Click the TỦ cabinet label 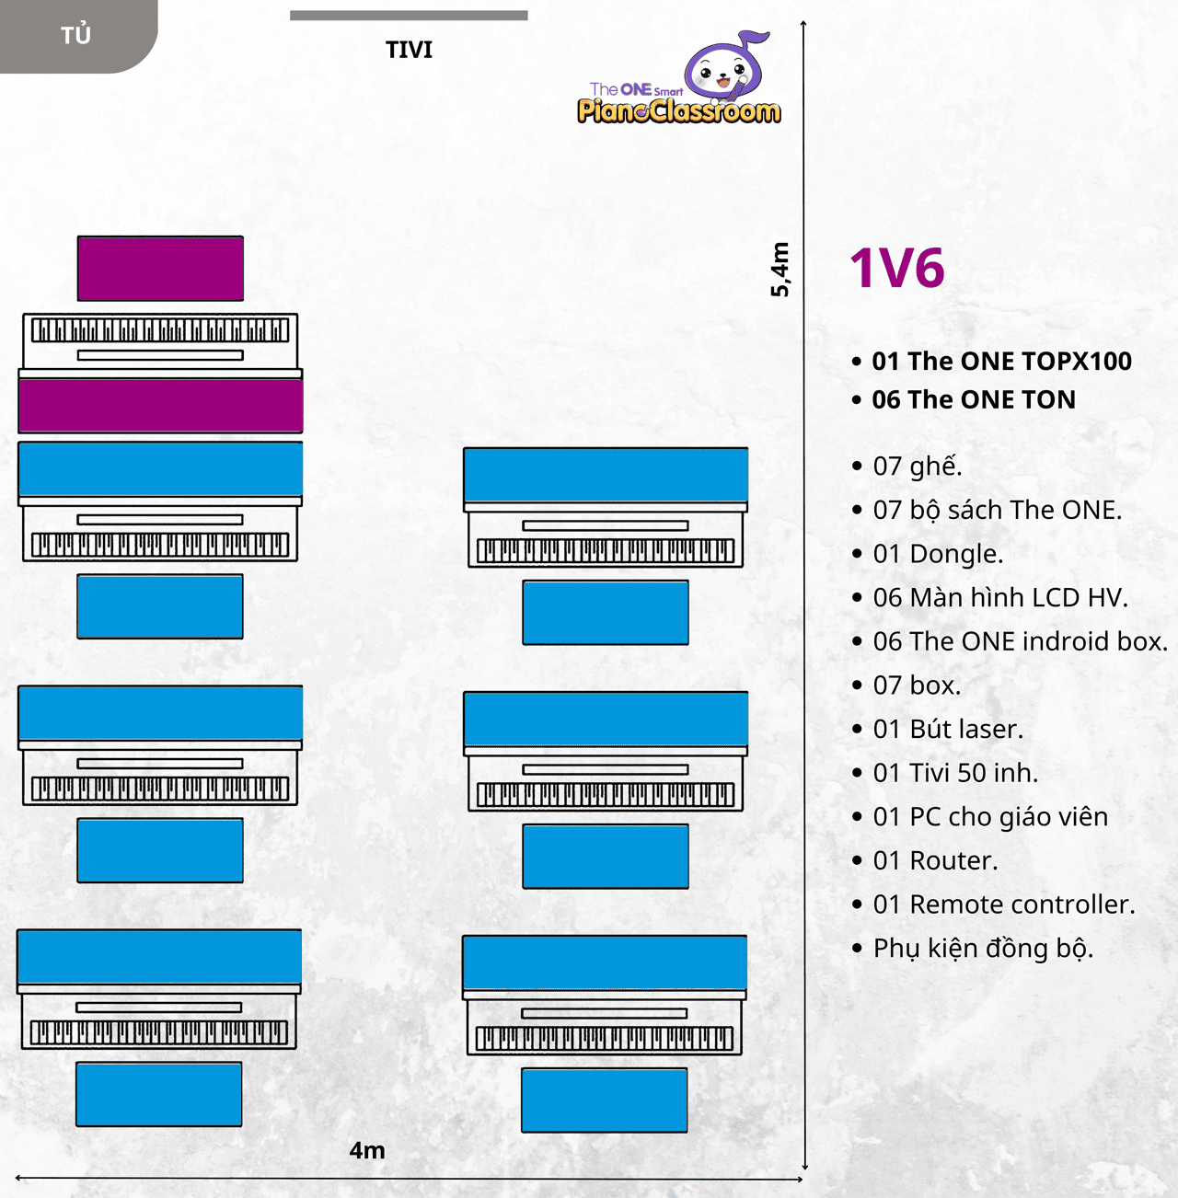[x=75, y=34]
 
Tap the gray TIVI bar [x=409, y=16]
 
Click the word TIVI [x=409, y=50]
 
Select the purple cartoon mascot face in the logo [x=724, y=68]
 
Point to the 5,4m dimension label [x=780, y=270]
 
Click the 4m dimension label [x=367, y=1151]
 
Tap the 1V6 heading [x=897, y=268]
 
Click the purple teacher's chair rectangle [x=160, y=269]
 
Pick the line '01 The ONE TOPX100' [x=991, y=362]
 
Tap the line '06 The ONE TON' [x=964, y=399]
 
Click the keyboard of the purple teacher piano [x=160, y=330]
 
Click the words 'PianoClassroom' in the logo [x=678, y=110]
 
